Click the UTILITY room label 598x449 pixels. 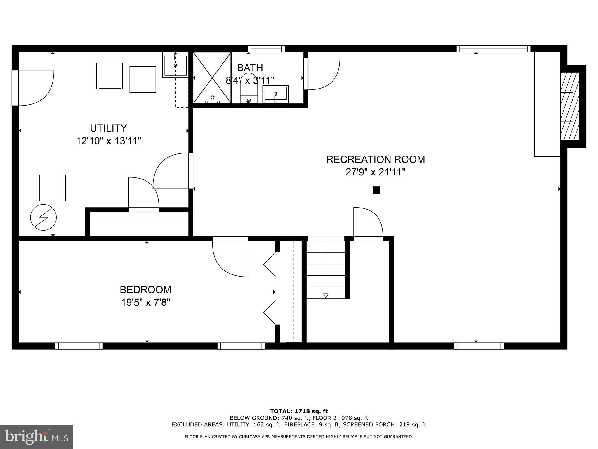click(108, 128)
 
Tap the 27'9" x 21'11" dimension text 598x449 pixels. click(375, 172)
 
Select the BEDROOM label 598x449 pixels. click(145, 290)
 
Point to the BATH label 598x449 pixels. click(250, 68)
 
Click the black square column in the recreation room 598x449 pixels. click(376, 190)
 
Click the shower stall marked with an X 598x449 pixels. click(212, 77)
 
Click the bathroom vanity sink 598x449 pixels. click(275, 94)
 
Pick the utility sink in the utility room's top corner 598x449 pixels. click(175, 65)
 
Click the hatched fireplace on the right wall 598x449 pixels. click(569, 106)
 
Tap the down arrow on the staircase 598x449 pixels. click(326, 295)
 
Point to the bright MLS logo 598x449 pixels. click(36, 437)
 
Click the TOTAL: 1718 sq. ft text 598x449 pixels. click(299, 412)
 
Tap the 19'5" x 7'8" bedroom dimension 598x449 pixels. click(145, 302)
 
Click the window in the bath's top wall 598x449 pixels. click(266, 49)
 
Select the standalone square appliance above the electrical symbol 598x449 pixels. click(53, 188)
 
